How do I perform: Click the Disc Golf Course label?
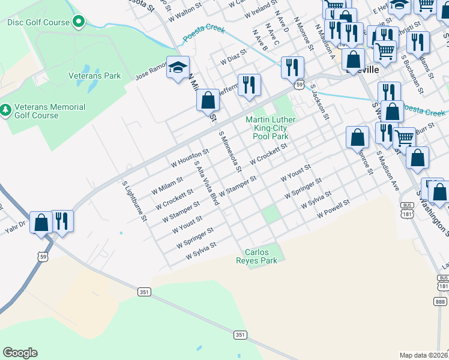38,22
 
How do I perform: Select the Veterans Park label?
94,76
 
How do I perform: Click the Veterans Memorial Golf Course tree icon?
5,110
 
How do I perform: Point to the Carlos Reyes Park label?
261,257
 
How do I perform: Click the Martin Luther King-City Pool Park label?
271,128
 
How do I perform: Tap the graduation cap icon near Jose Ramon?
178,68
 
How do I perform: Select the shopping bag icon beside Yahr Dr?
41,223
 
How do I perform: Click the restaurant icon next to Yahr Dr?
62,221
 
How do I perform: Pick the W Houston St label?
190,158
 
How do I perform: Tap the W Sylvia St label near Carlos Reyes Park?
200,251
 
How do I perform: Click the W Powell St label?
333,209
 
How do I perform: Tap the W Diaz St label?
234,60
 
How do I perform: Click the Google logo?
20,353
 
